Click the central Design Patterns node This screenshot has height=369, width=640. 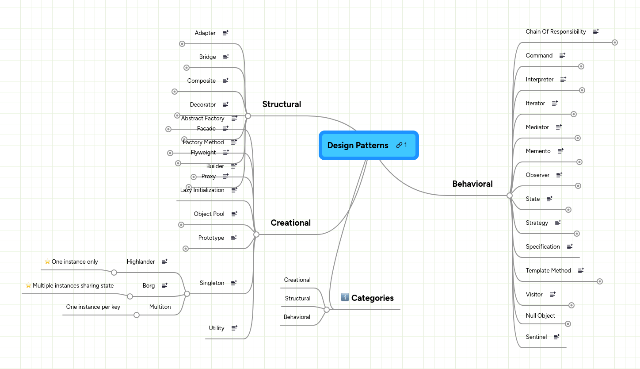358,146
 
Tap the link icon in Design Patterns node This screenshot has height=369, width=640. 399,145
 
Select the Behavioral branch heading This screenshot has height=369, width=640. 472,184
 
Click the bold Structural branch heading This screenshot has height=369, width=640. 282,104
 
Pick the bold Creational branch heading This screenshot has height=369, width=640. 290,223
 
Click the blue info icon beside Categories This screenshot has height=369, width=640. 345,297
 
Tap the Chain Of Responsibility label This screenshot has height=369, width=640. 556,32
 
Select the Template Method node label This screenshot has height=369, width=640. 548,271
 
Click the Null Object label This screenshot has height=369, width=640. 540,316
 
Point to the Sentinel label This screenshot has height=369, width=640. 536,337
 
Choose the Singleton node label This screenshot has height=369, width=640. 212,283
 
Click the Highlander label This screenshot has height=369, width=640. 141,262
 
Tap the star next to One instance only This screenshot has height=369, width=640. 47,261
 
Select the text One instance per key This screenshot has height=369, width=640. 93,307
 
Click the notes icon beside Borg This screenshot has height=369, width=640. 164,286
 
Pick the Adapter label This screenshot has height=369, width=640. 205,33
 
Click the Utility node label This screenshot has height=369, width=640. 217,328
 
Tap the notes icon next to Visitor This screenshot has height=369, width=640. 552,294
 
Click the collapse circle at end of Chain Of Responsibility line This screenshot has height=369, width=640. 614,42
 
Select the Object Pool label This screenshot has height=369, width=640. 209,214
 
